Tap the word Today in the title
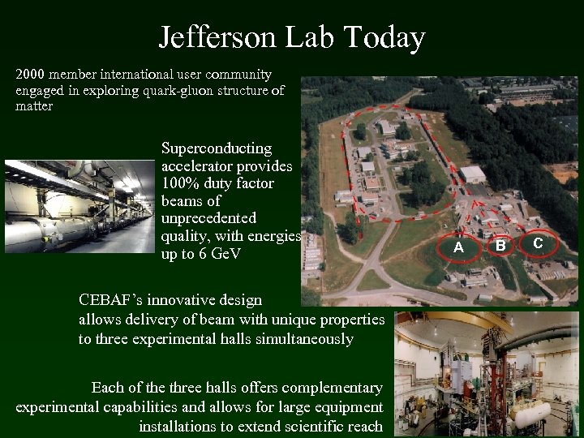[x=384, y=37]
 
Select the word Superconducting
[x=217, y=148]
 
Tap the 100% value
[x=180, y=183]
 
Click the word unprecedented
[x=208, y=218]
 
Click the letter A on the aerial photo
[x=458, y=247]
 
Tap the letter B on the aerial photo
[x=501, y=245]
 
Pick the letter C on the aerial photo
[x=538, y=242]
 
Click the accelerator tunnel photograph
[x=79, y=207]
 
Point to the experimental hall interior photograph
[x=486, y=374]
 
